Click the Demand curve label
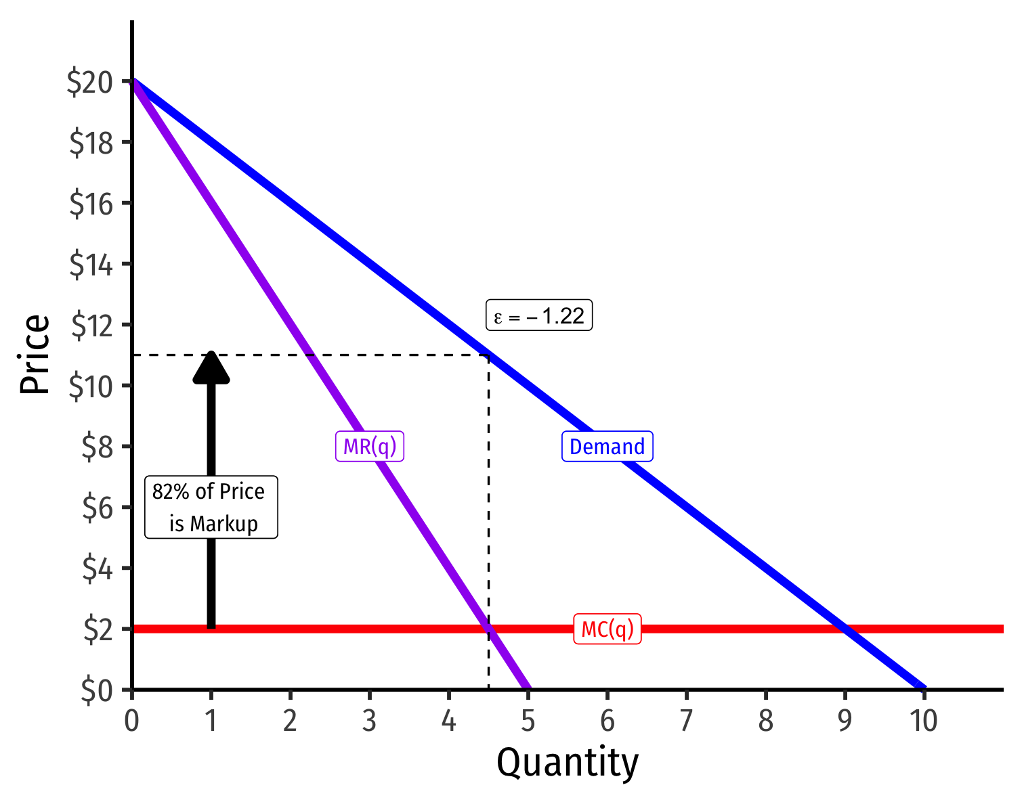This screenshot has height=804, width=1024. pyautogui.click(x=607, y=447)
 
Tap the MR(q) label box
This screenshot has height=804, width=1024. pyautogui.click(x=370, y=447)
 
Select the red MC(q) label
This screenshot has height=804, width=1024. pyautogui.click(x=607, y=629)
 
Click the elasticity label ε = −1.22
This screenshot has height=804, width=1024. pyautogui.click(x=539, y=316)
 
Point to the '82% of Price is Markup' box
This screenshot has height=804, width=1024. pyautogui.click(x=211, y=508)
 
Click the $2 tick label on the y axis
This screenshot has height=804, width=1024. pyautogui.click(x=99, y=630)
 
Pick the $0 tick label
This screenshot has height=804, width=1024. pyautogui.click(x=99, y=691)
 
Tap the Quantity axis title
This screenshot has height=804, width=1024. pyautogui.click(x=568, y=764)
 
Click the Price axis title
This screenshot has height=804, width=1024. pyautogui.click(x=35, y=355)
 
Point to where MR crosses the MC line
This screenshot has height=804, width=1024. pyautogui.click(x=489, y=629)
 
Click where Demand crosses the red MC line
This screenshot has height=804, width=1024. pyautogui.click(x=845, y=629)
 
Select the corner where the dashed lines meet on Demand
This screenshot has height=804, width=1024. pyautogui.click(x=488, y=355)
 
